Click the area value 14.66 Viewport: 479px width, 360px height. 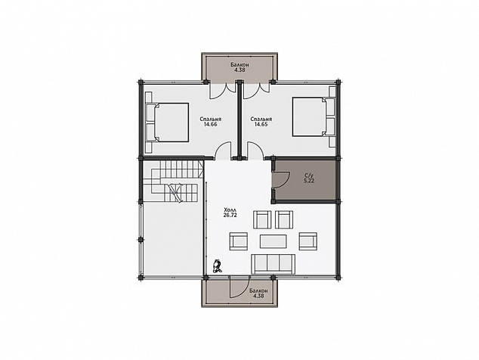[211, 124]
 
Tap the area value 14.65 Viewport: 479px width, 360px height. [261, 124]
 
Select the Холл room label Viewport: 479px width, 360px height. [230, 210]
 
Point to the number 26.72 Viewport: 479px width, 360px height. [230, 215]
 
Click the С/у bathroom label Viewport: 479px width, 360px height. [309, 175]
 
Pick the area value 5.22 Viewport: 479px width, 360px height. [309, 181]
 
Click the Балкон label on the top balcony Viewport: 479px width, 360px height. [239, 65]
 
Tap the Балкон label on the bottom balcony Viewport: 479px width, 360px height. [258, 291]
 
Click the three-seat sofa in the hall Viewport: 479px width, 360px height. [273, 264]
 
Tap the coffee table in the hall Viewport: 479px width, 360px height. [273, 241]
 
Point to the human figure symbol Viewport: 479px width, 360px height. [218, 265]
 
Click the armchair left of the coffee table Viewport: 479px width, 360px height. [238, 241]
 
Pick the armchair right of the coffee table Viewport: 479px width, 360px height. [308, 241]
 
